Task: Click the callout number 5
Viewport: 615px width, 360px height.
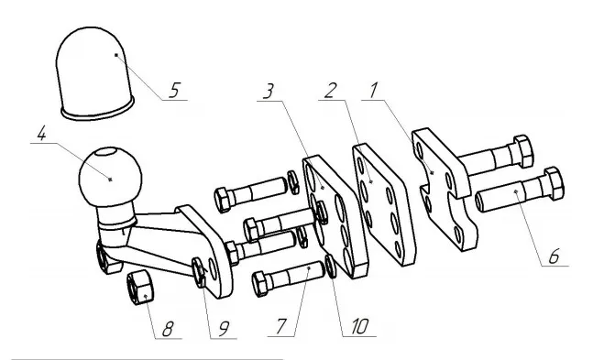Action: [174, 90]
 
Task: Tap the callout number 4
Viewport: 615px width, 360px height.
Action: [41, 134]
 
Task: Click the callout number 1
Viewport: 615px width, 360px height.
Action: [373, 90]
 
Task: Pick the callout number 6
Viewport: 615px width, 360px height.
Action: [554, 256]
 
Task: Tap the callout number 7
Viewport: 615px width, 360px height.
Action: [280, 327]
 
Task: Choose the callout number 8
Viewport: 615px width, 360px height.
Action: [168, 329]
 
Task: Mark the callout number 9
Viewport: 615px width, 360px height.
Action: [223, 329]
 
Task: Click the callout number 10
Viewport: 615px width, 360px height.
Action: [360, 327]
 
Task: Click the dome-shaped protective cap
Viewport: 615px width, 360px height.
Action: [95, 73]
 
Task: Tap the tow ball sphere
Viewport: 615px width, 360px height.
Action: [110, 177]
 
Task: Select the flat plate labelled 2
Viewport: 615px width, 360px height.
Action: [384, 204]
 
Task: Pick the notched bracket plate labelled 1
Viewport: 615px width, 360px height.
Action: [445, 189]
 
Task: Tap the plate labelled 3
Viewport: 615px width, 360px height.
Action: [335, 216]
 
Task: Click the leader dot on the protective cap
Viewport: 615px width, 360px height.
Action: [116, 55]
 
